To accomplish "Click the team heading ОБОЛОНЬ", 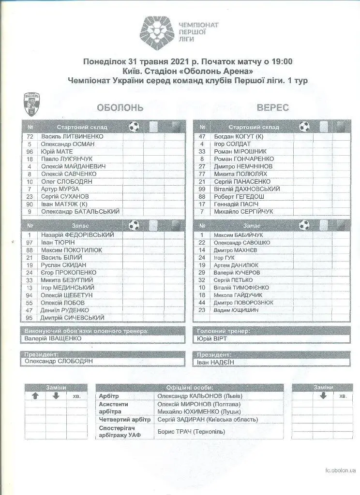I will coord(120,108).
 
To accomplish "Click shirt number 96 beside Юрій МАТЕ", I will coord(30,151).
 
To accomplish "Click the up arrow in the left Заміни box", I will coord(35,396).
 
